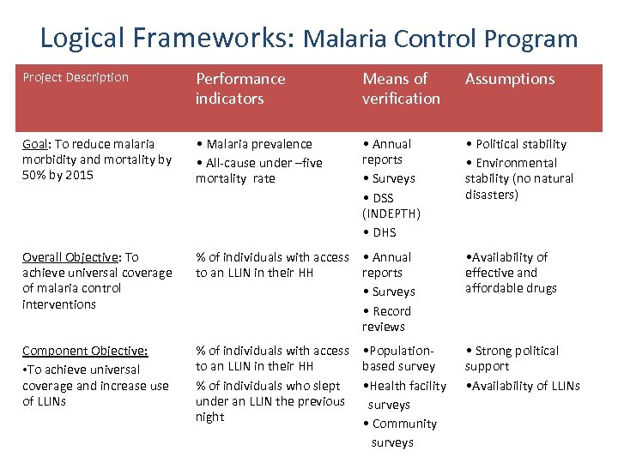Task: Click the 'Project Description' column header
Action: tap(76, 77)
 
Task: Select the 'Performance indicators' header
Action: tap(240, 88)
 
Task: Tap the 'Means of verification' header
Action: tap(401, 88)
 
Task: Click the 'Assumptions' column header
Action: tap(510, 79)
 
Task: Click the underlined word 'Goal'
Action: tap(35, 144)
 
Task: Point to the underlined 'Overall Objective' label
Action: tap(68, 257)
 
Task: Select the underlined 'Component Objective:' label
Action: tap(84, 351)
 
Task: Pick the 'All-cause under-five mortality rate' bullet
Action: tap(258, 171)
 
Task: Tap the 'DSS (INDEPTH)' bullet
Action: tap(391, 206)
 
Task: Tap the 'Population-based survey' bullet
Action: tap(399, 358)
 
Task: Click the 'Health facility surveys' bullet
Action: tap(404, 394)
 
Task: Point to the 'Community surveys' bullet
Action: tap(400, 433)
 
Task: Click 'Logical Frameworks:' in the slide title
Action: tap(167, 38)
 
